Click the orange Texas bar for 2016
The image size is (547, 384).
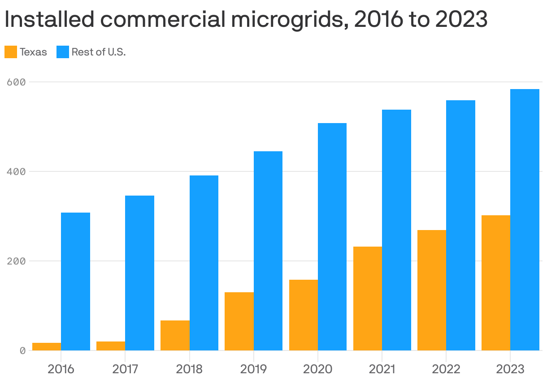(47, 346)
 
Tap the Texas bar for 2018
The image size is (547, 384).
(175, 335)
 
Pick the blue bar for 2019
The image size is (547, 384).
(268, 251)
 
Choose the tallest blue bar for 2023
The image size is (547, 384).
(525, 219)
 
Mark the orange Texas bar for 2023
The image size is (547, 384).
(496, 282)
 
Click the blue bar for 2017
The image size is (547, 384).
(139, 273)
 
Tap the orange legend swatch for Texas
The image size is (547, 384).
(11, 52)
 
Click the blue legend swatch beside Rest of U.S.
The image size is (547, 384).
(63, 52)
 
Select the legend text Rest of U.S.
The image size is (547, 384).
(99, 52)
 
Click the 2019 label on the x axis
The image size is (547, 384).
(254, 369)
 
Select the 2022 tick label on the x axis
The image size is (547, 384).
(446, 369)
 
